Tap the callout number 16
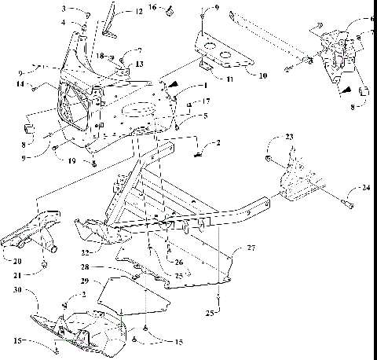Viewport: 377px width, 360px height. pos(154,8)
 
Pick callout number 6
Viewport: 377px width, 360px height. pos(372,18)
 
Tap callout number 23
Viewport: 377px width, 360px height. pos(289,138)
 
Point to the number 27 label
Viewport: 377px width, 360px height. pos(251,248)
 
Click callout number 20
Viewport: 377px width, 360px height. pos(16,260)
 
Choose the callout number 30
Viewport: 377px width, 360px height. pos(15,291)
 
